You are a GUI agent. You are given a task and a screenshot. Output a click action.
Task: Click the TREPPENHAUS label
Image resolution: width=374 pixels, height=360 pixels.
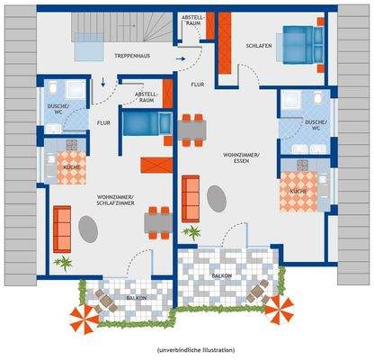(x=131, y=57)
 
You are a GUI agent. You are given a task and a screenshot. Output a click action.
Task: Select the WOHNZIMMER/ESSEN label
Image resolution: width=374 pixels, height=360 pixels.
(x=241, y=158)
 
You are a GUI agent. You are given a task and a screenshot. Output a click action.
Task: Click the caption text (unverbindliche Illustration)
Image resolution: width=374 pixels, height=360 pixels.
(x=187, y=348)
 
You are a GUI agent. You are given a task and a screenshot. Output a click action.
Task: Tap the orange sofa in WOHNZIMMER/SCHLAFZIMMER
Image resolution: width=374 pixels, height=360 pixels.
(x=62, y=229)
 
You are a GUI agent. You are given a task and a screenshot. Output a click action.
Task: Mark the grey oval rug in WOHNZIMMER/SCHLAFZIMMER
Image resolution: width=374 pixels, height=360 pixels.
(x=89, y=230)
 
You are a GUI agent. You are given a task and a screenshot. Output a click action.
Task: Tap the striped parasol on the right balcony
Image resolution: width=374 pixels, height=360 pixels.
(x=281, y=311)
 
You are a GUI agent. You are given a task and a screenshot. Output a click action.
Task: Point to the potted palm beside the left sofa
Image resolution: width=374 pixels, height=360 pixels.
(x=63, y=263)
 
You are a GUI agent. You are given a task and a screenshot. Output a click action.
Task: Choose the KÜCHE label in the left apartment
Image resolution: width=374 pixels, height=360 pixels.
(x=71, y=167)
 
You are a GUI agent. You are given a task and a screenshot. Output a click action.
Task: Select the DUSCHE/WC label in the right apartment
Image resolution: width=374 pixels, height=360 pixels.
(x=315, y=124)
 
